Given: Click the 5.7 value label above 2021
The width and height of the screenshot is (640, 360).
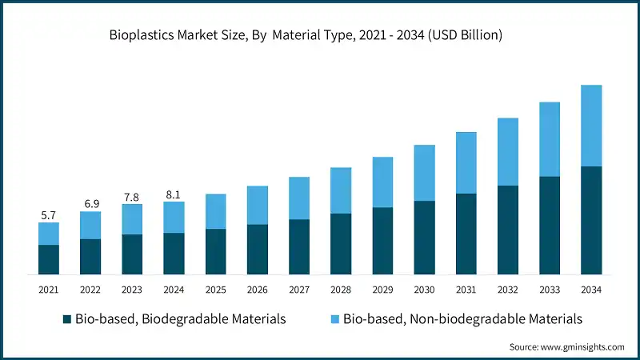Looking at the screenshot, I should (49, 215).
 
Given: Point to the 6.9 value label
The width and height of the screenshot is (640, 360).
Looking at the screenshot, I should (90, 205).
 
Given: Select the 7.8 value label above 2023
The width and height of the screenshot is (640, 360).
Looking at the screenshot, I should (132, 197).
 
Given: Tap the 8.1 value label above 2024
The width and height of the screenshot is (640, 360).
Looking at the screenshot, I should (174, 194).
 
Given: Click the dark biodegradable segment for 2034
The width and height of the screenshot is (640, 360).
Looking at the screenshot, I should (590, 220).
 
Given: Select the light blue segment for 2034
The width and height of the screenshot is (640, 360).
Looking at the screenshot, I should (590, 126).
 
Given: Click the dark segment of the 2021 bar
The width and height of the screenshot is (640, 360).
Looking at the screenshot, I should (49, 259).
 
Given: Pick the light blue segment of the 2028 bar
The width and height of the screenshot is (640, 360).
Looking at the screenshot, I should (341, 190).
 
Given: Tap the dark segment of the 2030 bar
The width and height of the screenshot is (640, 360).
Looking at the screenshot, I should (424, 238).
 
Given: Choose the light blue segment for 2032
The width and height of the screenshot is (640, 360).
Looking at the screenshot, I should (507, 152).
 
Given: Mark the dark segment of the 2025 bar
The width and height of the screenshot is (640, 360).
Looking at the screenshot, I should (215, 252).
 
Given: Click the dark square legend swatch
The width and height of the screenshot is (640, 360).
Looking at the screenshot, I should (67, 319).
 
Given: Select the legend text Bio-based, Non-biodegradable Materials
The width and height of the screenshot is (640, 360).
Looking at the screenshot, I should (462, 319).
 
